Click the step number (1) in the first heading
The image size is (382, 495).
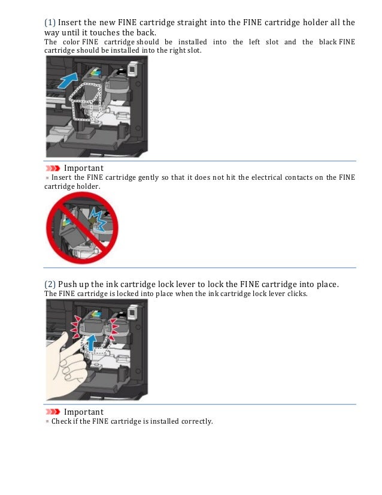(x=50, y=22)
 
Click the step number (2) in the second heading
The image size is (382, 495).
(x=50, y=284)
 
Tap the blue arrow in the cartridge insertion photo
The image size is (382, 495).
(x=68, y=80)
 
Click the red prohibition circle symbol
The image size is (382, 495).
(x=82, y=228)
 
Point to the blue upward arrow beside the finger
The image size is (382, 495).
(x=91, y=343)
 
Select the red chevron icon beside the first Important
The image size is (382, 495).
(x=52, y=168)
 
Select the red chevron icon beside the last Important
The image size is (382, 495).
(x=52, y=412)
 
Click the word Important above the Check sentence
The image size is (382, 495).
(x=84, y=412)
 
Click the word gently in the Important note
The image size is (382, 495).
(x=148, y=178)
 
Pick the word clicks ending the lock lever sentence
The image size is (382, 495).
(x=297, y=294)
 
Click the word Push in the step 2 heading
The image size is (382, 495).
(x=67, y=285)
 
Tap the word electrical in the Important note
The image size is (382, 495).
(x=266, y=177)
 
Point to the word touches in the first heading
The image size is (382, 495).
(x=104, y=32)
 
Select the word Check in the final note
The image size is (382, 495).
(x=61, y=421)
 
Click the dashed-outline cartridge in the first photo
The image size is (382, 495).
(x=86, y=102)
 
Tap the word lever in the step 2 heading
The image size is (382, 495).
(x=214, y=285)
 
